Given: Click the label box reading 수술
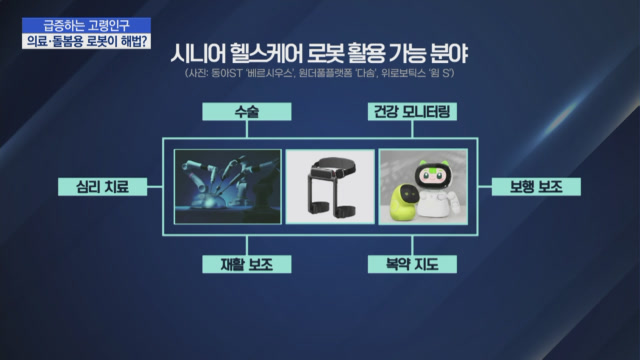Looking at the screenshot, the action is [247, 111].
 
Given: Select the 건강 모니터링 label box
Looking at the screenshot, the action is [412, 111].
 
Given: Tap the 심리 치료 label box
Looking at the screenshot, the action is [102, 187].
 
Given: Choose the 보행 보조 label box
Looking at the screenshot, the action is [536, 187].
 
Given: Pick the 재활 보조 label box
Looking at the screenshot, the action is [247, 264].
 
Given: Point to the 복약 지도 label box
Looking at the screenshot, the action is [412, 264].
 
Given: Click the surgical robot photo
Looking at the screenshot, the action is [228, 187].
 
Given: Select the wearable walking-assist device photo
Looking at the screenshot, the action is [330, 187].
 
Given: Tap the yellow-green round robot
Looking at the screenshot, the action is [404, 202].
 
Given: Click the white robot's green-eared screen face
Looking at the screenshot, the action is [432, 175].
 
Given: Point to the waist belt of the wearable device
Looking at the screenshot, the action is [333, 167].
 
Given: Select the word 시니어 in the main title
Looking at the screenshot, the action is [197, 53].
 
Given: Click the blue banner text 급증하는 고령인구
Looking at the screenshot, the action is [87, 25].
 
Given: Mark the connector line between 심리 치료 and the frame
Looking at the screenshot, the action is [155, 187].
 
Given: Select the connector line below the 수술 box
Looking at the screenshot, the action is [247, 129].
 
